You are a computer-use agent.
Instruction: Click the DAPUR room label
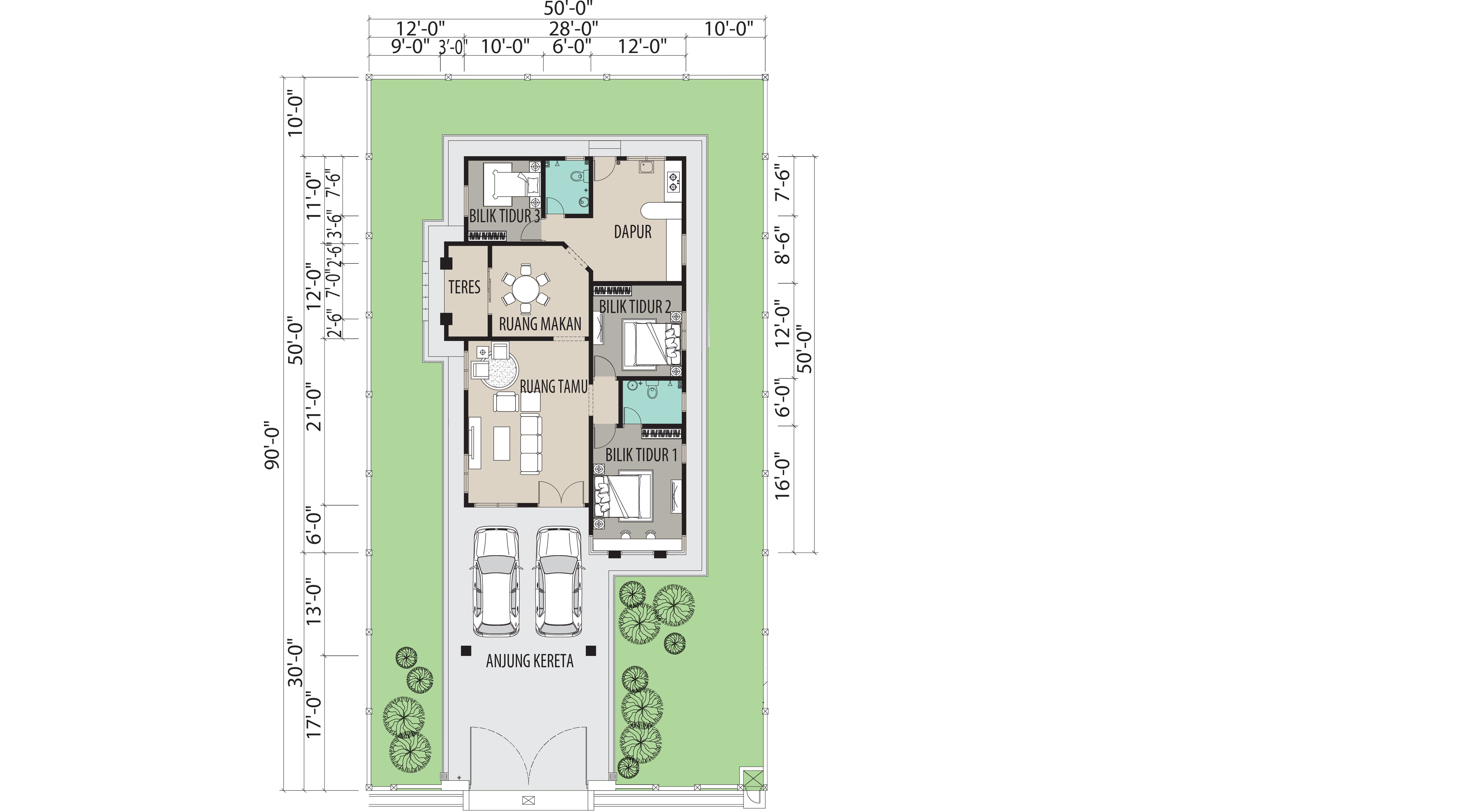[633, 232]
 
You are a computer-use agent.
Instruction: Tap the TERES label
[464, 287]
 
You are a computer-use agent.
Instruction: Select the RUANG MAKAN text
[540, 324]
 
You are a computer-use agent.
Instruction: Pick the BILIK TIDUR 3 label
[505, 216]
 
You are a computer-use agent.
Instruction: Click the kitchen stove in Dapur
[673, 183]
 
